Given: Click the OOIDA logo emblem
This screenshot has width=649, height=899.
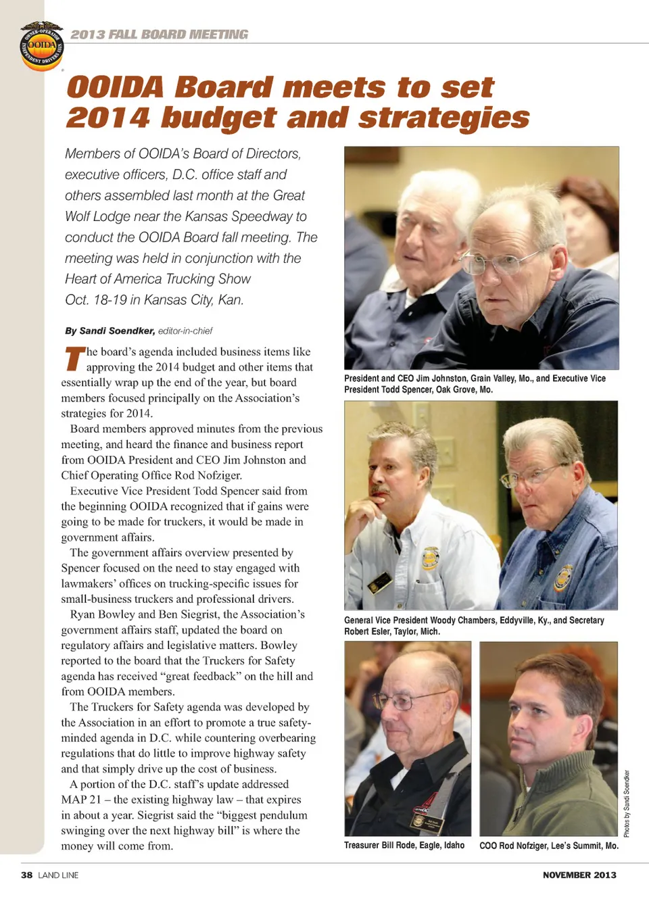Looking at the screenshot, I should (x=41, y=46).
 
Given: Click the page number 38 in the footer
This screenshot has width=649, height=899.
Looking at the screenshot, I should (x=26, y=875).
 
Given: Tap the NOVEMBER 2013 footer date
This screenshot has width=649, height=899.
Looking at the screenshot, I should (x=579, y=875).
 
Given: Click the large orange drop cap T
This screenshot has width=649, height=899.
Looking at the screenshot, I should (x=74, y=359).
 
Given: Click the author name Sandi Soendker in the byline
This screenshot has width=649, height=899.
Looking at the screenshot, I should (x=117, y=331).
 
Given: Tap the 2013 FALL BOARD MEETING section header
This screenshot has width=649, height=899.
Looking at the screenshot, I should (x=160, y=34).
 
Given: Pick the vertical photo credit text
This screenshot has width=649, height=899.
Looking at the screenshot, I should (x=627, y=804).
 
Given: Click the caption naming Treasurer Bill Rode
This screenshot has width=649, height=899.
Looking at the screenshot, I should (x=404, y=846).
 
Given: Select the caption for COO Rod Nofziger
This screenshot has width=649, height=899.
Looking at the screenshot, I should (x=548, y=846).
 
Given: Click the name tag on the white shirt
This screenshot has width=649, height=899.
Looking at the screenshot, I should (x=381, y=581).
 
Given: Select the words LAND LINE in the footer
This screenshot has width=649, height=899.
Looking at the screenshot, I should (x=58, y=875).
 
